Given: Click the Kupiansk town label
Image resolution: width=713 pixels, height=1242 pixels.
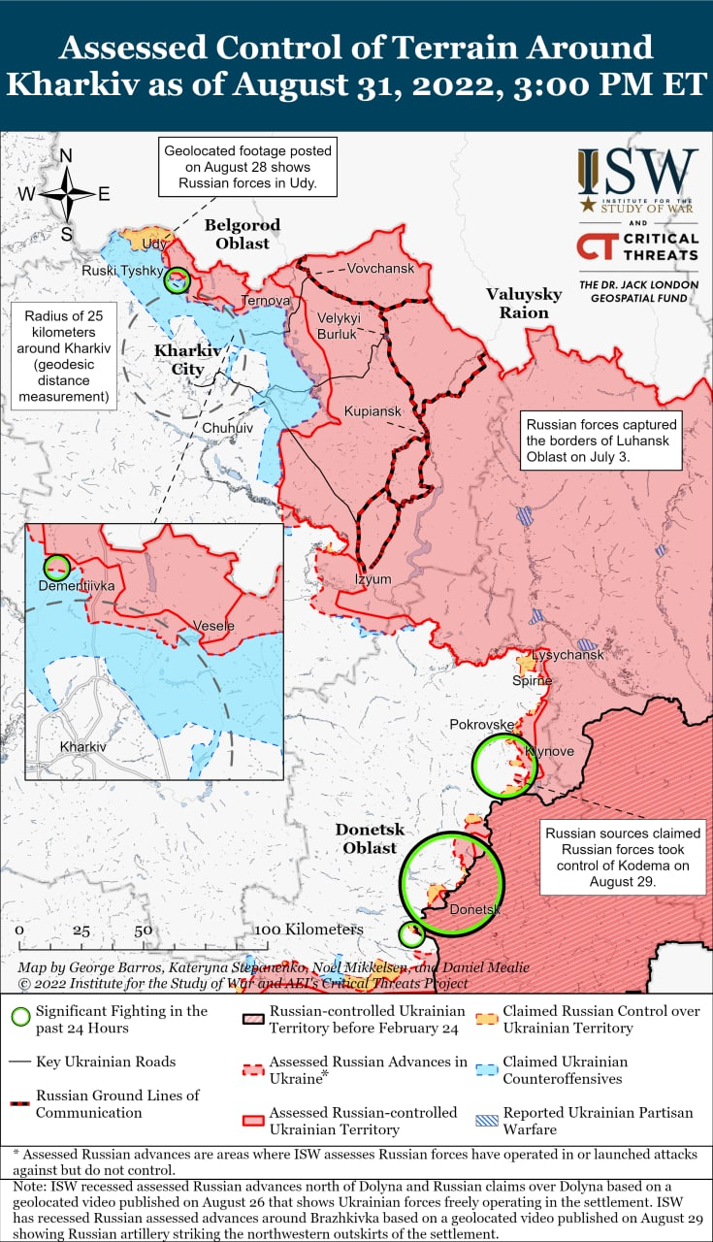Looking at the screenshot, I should point(373,412).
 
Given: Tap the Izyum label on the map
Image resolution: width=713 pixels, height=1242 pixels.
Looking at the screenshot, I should point(373,579).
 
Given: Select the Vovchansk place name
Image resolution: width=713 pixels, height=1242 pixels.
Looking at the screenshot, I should point(380,268).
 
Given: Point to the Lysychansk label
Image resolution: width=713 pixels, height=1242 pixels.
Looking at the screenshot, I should point(567,655).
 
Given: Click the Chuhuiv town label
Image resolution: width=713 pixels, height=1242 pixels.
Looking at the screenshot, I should point(228,427).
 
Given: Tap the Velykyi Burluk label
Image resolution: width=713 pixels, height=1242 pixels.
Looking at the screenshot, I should point(339,326).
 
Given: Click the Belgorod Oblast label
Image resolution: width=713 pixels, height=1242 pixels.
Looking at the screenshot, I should point(243,234).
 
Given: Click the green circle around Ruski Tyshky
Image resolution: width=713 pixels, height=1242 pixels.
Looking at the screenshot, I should point(177,280).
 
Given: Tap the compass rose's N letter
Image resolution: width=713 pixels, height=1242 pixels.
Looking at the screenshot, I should point(66,156).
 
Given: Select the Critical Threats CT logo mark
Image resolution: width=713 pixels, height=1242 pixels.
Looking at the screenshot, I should point(593,246).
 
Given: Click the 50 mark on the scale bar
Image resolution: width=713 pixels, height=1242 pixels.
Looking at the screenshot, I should point(143,930).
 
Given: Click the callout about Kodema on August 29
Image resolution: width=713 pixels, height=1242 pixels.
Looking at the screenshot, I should point(623,858).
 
